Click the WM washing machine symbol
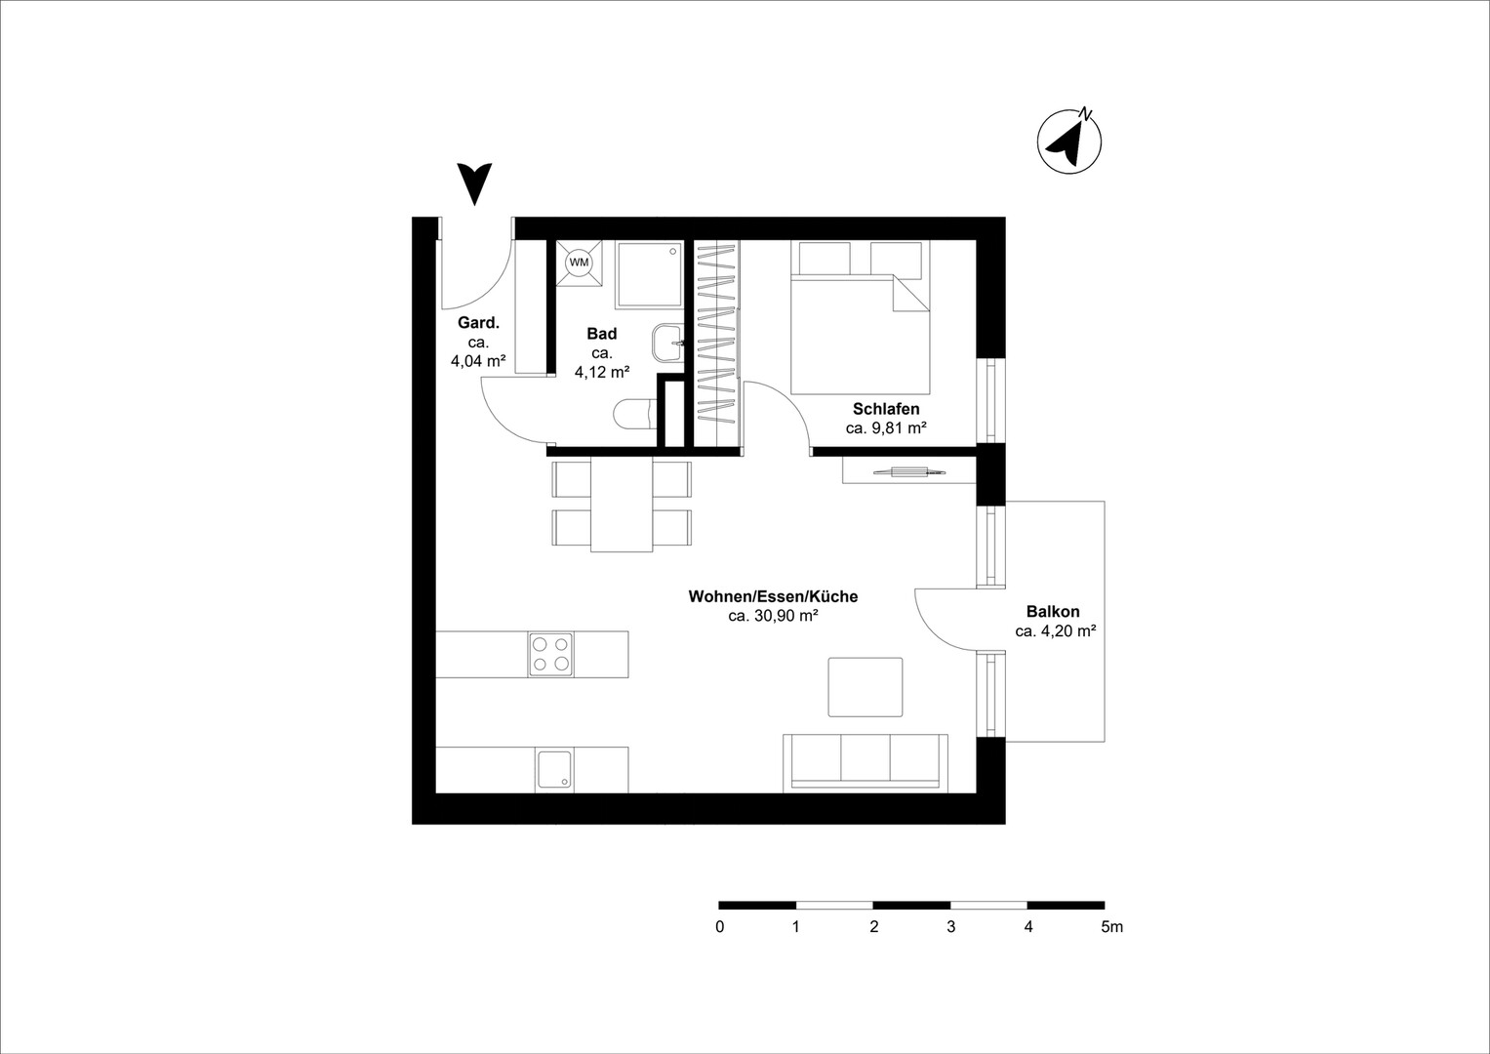tap(579, 263)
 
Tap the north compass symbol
tap(1068, 142)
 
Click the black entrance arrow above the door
tap(474, 183)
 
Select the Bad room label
tap(602, 334)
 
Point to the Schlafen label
tap(886, 409)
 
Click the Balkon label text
tap(1053, 611)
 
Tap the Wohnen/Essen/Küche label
tap(773, 596)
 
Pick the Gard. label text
tap(478, 323)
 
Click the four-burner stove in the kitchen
tap(550, 654)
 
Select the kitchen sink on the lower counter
tap(552, 770)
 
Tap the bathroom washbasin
tap(667, 344)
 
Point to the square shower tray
tap(649, 274)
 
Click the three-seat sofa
tap(866, 762)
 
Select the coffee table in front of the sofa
tap(866, 687)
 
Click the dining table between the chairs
tap(622, 505)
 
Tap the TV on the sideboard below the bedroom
tap(908, 471)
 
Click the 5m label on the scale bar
tap(1111, 926)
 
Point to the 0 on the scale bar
tap(720, 926)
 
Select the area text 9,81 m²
tap(899, 427)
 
